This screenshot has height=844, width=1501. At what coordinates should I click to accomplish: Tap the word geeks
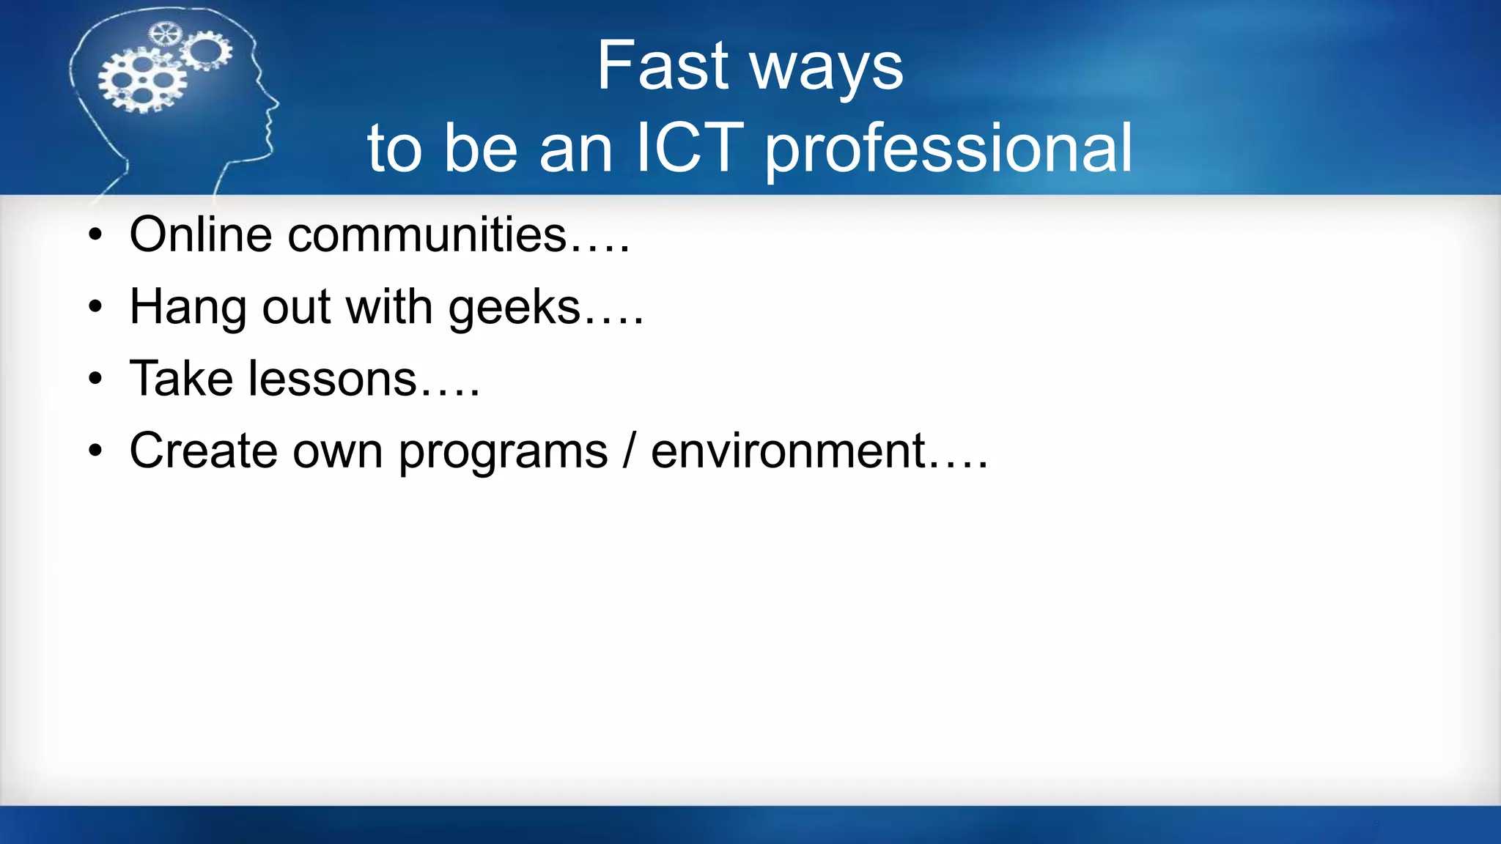click(x=515, y=308)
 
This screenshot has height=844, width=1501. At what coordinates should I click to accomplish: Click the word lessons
click(x=333, y=379)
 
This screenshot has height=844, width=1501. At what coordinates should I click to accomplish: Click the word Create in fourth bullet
click(x=203, y=451)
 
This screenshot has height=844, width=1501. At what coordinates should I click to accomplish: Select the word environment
click(x=789, y=451)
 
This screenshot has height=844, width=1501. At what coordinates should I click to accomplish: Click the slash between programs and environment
click(x=629, y=451)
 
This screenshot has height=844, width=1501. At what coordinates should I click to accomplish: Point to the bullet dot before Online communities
click(x=95, y=236)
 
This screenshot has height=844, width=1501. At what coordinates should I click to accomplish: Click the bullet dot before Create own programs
click(x=95, y=451)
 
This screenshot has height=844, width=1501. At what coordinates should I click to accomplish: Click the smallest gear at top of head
click(x=164, y=33)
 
